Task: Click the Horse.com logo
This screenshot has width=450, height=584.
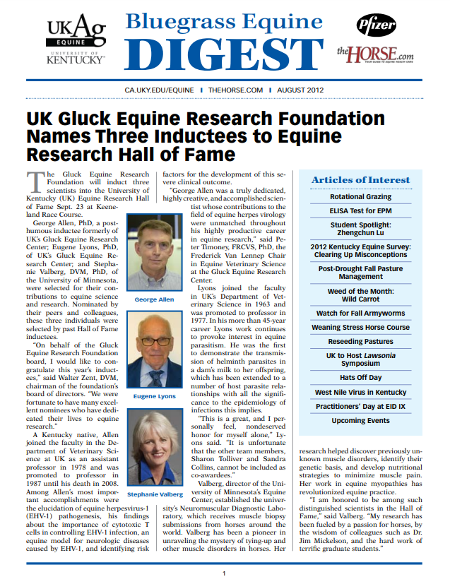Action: pyautogui.click(x=375, y=53)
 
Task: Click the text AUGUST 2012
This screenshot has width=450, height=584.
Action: pyautogui.click(x=301, y=90)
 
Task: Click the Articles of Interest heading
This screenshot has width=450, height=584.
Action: pyautogui.click(x=360, y=180)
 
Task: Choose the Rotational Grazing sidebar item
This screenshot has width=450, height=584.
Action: pyautogui.click(x=360, y=197)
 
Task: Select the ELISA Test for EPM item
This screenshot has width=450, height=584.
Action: pyautogui.click(x=360, y=210)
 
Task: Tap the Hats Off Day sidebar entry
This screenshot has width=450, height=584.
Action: pyautogui.click(x=360, y=379)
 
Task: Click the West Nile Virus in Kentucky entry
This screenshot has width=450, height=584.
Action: pyautogui.click(x=360, y=393)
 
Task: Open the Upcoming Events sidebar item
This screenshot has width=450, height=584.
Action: pyautogui.click(x=360, y=421)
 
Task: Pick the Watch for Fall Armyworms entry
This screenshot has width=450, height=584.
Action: pyautogui.click(x=360, y=313)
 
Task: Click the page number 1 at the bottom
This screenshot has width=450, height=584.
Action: pyautogui.click(x=224, y=573)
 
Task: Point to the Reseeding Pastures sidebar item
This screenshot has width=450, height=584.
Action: pyautogui.click(x=360, y=342)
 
